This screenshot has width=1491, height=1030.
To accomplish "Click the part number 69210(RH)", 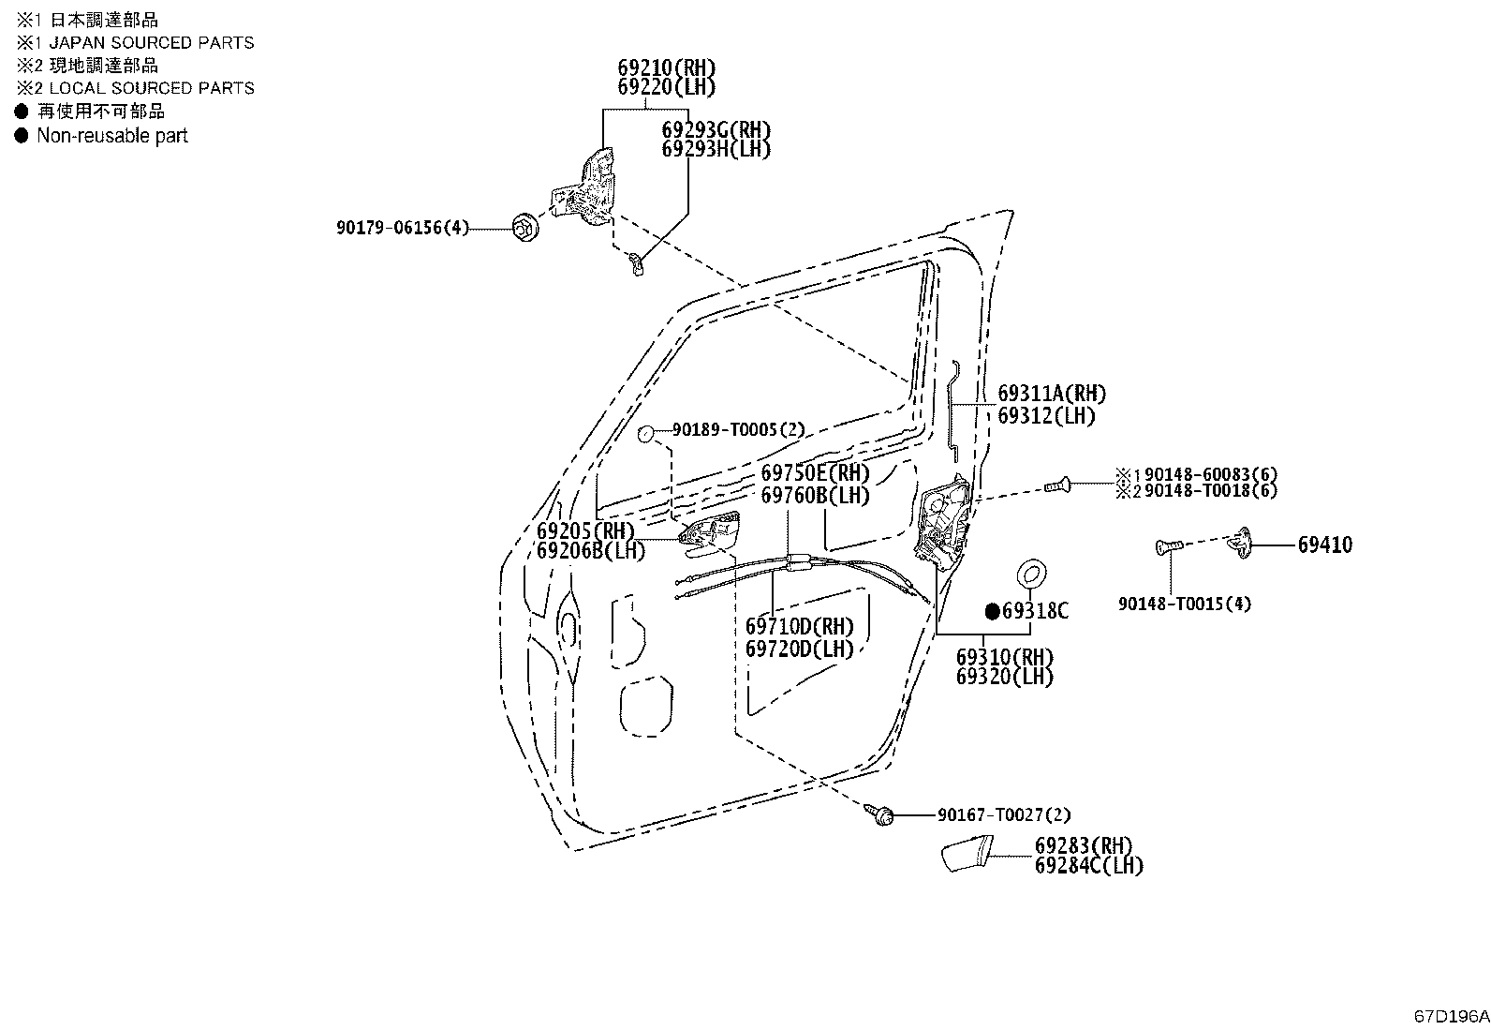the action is pos(666,67).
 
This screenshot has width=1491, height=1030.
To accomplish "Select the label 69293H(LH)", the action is pos(716,149).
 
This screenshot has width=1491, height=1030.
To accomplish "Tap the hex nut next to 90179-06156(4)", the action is pos(525,228).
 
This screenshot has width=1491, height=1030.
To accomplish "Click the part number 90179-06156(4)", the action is pos(402,228).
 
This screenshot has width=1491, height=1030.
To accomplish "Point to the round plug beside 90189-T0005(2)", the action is pos(645,434).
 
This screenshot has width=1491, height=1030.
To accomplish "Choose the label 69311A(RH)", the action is pos(1052,394).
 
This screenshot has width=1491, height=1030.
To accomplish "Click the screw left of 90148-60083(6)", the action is pos(1057,485).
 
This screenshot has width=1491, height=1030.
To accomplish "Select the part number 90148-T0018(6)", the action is pos(1211,491).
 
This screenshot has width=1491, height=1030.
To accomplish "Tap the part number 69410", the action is pos(1324,545).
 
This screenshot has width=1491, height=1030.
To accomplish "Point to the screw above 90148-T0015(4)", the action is pos(1169,547).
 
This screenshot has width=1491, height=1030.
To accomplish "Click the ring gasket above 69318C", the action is pos(1031,574).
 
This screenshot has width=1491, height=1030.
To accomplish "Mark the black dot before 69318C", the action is pos(993,611).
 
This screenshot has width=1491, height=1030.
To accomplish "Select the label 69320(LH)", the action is pos(1004,677).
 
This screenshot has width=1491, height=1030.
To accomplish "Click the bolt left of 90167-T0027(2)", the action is pos(880,814).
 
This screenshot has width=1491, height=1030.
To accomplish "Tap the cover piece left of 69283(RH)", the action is pos(967,854).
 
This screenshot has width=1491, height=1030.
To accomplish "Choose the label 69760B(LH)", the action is pos(816,496).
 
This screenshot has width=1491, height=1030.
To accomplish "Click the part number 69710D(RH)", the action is pos(800,627).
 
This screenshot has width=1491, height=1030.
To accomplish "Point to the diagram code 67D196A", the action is pos(1451,1016).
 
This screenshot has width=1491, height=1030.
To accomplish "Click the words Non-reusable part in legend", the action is pos(111,136).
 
